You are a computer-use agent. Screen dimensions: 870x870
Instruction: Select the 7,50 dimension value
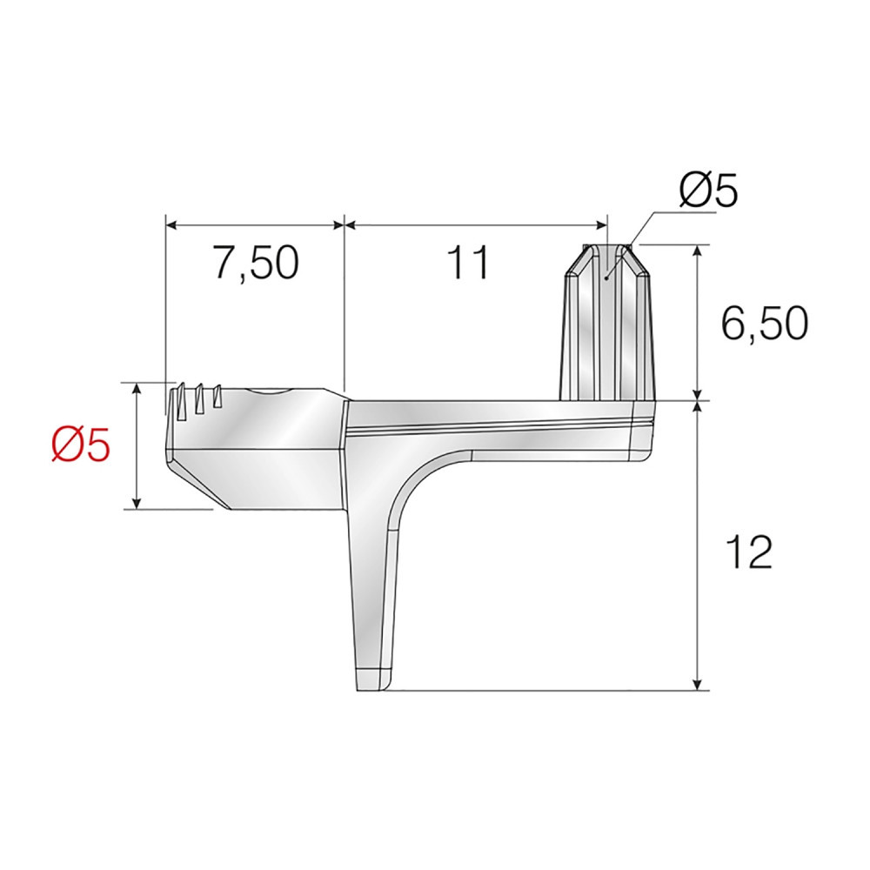pyautogui.click(x=257, y=262)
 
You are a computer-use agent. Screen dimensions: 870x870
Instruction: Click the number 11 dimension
pyautogui.click(x=470, y=262)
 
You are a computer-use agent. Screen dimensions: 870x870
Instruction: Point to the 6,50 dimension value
pyautogui.click(x=764, y=324)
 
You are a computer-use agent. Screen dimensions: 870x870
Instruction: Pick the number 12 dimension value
pyautogui.click(x=750, y=552)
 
